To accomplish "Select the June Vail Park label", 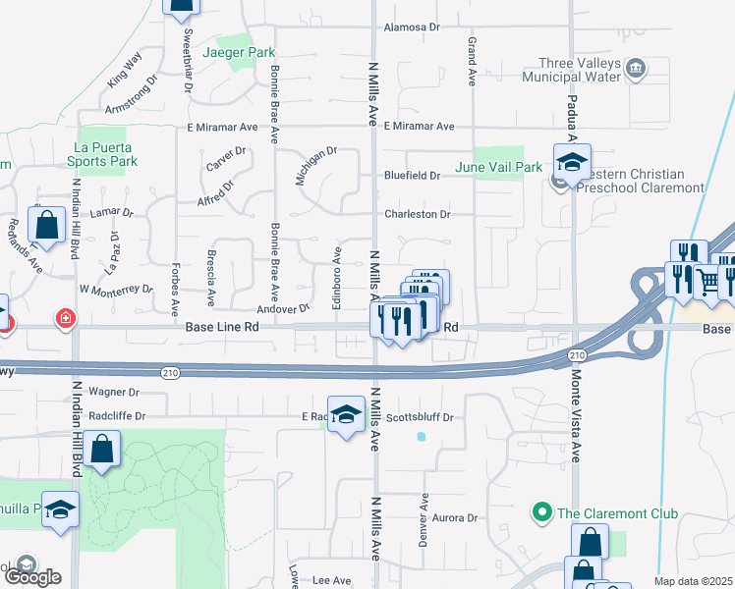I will click(498, 167).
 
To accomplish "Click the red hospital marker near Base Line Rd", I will click(65, 319).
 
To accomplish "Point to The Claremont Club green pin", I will click(540, 511).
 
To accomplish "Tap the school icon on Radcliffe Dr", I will click(346, 414).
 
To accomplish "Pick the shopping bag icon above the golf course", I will click(102, 451).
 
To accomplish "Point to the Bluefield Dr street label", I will click(412, 176).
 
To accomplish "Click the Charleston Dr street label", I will click(417, 214).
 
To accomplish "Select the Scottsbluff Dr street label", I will click(419, 417).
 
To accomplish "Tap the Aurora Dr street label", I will click(452, 517).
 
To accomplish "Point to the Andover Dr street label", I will click(291, 307).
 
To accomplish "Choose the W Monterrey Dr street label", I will click(116, 290).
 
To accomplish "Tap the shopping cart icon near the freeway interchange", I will click(708, 282).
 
